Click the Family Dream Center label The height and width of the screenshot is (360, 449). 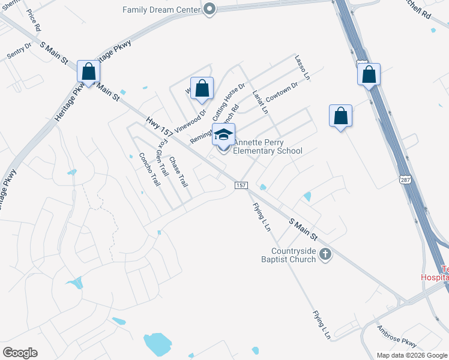161,10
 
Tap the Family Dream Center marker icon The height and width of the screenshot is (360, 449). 209,9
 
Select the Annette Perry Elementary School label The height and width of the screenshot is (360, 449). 267,146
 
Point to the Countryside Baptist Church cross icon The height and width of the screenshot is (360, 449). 325,254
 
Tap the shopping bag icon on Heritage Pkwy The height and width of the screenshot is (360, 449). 88,72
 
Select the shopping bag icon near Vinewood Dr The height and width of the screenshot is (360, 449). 202,89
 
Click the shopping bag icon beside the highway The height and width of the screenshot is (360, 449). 369,75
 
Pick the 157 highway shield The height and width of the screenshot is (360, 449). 241,185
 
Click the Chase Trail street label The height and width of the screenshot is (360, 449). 179,171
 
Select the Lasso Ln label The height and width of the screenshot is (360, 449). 302,68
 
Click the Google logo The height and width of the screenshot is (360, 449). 20,353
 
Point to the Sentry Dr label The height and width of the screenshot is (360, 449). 19,50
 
